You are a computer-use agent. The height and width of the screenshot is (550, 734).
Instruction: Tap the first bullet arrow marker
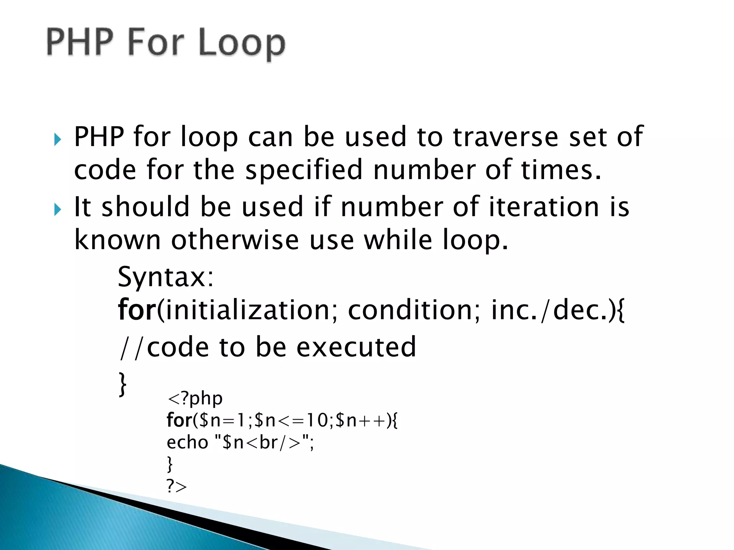tap(57, 139)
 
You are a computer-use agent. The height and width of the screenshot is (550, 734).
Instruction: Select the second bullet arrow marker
tap(57, 209)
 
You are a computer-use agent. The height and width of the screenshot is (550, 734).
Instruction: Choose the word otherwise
tap(235, 240)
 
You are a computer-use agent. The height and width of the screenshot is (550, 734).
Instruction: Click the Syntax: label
tap(166, 277)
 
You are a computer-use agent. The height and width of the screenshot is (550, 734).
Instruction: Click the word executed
tap(356, 347)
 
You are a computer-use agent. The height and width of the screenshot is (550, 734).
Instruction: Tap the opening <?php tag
tap(195, 399)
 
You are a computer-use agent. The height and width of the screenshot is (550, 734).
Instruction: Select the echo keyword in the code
tap(187, 443)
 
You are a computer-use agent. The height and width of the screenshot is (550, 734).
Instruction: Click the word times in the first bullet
tap(560, 170)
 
